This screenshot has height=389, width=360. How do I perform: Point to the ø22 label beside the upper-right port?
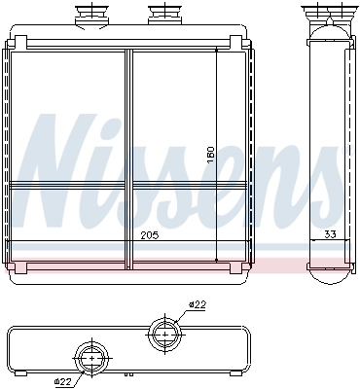click(x=198, y=305)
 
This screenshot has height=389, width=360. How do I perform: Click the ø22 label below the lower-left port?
click(x=63, y=381)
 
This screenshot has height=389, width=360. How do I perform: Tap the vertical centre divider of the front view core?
click(x=127, y=156)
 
